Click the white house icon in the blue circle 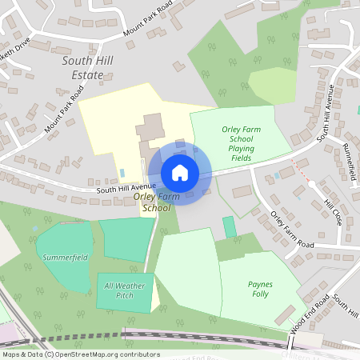180,172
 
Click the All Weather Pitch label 123,290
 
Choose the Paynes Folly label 261,289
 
